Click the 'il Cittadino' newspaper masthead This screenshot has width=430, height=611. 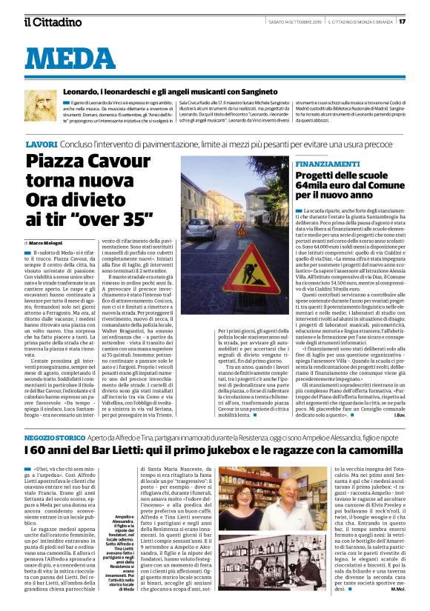(52, 21)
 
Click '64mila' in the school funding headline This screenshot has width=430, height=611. (332, 186)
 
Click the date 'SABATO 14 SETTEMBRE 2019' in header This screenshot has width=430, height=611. (286, 21)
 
